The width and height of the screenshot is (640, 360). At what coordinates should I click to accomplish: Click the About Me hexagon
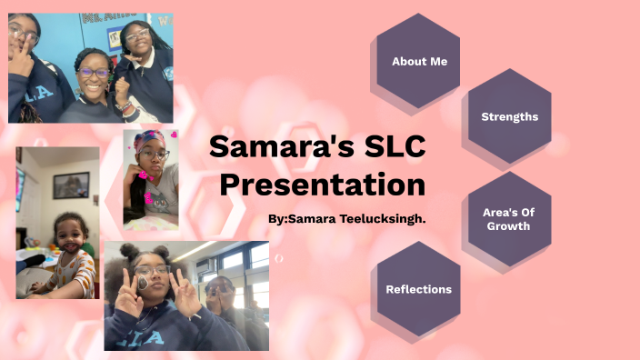(x=419, y=61)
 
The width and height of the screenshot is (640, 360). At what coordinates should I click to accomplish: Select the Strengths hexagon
(x=509, y=116)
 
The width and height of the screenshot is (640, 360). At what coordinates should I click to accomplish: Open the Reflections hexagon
(x=418, y=289)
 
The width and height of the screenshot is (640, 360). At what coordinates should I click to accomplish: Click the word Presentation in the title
(x=323, y=185)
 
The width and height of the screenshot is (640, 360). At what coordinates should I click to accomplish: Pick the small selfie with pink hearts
(x=151, y=179)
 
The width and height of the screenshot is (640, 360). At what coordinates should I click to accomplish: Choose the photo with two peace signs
(x=186, y=295)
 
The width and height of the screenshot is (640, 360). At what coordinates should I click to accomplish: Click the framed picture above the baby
(x=71, y=185)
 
